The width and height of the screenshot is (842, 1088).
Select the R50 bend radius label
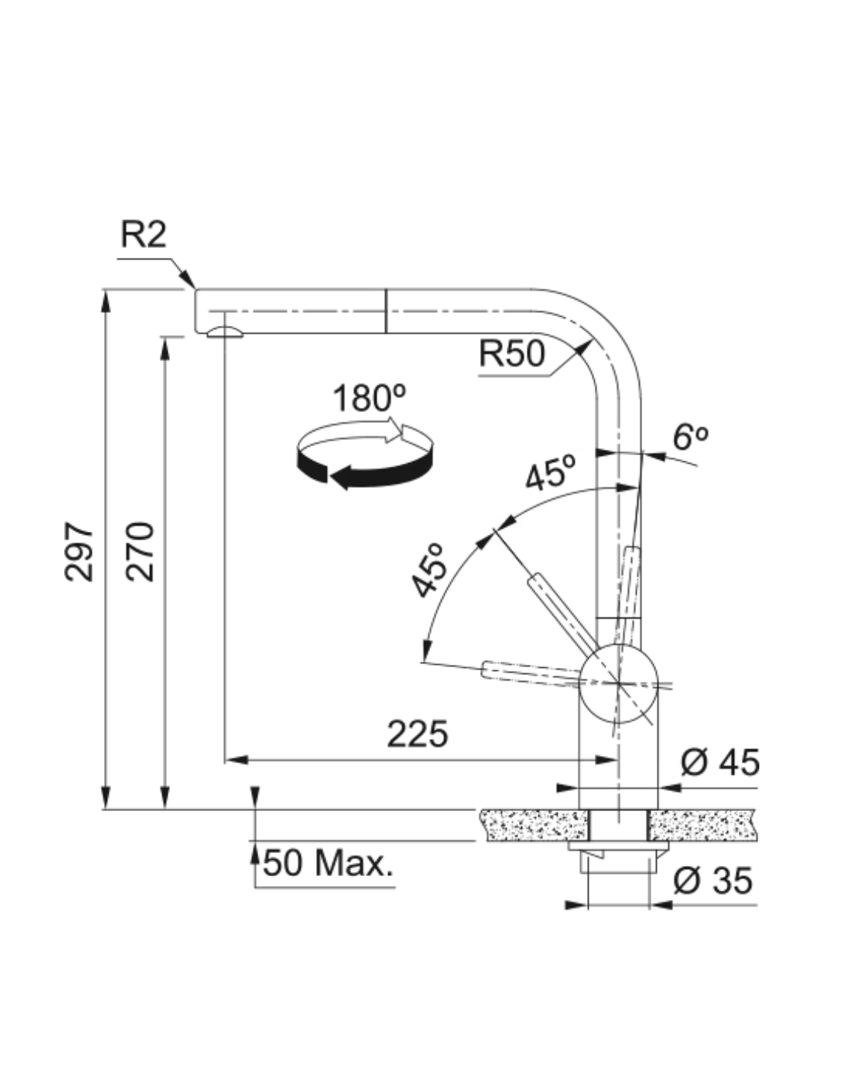point(511,353)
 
